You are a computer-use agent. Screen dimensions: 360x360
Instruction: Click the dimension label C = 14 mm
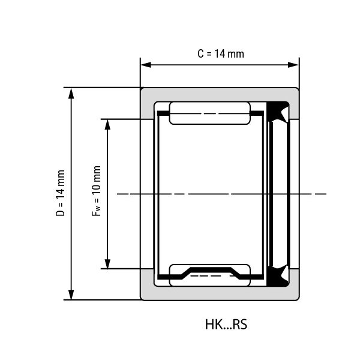click(x=221, y=54)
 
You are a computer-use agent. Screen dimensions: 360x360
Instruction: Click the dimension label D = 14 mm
click(x=61, y=193)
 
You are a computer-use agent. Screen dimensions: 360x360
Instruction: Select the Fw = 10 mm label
click(x=97, y=191)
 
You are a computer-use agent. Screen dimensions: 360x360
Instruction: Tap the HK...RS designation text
click(x=226, y=325)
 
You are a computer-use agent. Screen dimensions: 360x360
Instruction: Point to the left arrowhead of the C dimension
click(x=146, y=65)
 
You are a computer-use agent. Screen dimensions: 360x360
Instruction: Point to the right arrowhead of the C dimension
click(x=293, y=65)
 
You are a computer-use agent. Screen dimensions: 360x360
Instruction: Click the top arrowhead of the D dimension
click(x=71, y=94)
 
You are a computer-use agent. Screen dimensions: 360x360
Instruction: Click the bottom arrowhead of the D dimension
click(x=71, y=294)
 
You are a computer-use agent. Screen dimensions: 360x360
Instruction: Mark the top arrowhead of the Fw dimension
click(x=107, y=125)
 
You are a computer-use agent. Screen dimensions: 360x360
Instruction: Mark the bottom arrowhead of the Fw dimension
click(x=107, y=263)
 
